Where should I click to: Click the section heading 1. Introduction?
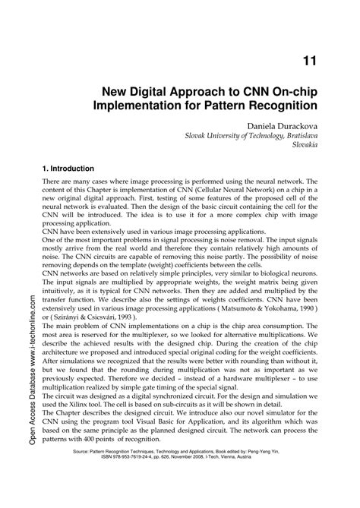(x=69, y=168)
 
